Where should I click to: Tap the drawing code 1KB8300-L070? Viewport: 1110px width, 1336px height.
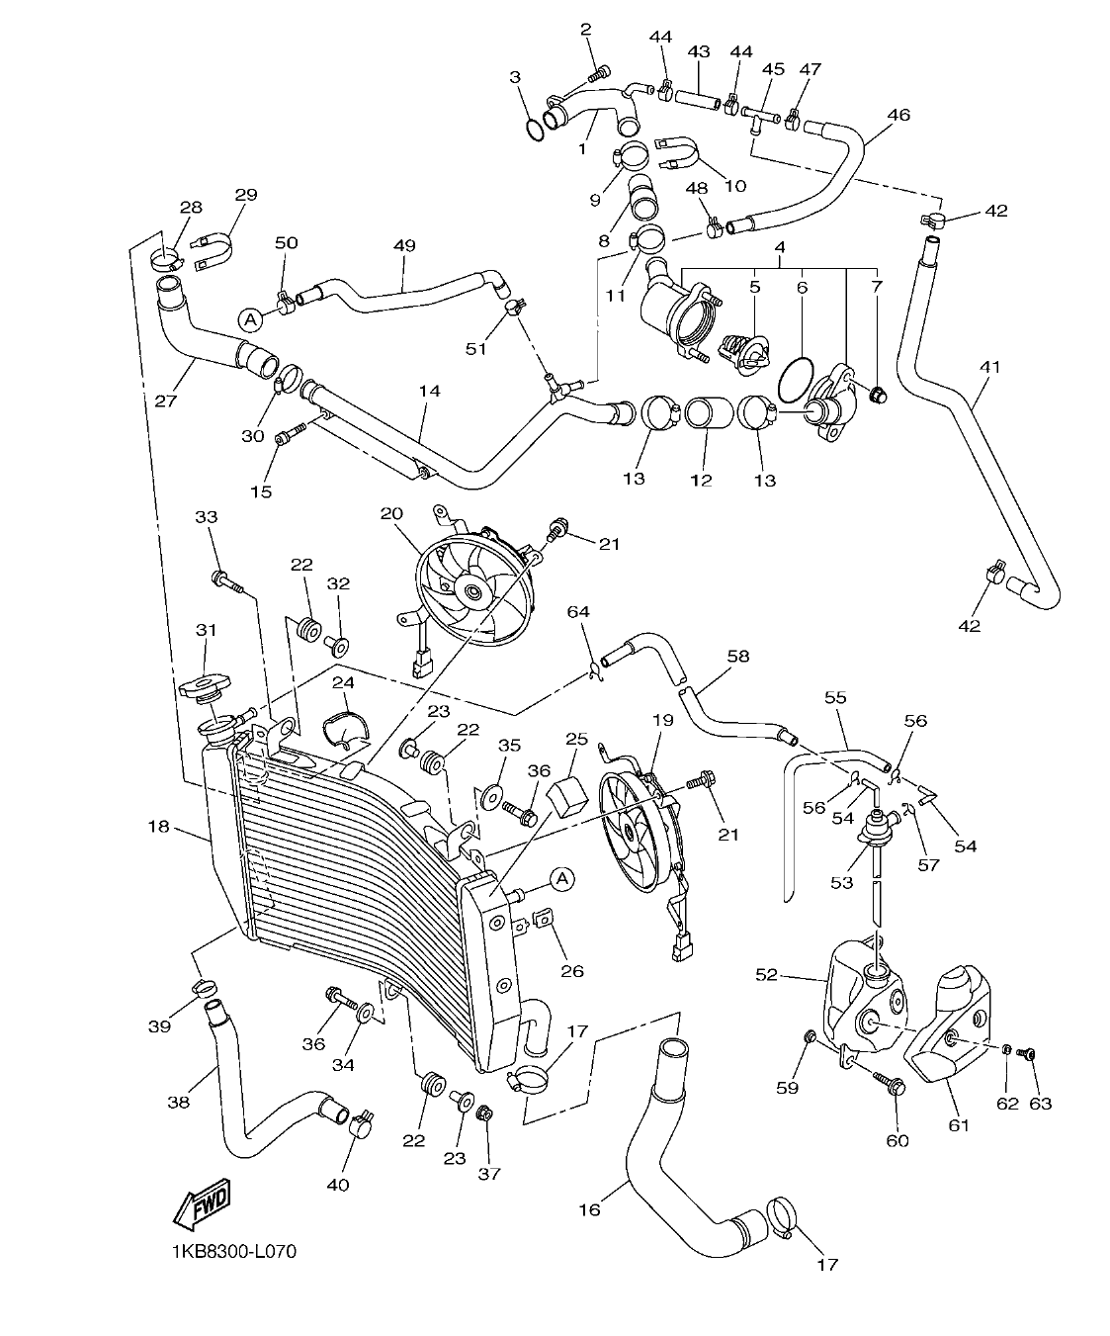232,1251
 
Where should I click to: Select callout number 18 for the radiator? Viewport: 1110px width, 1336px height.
159,825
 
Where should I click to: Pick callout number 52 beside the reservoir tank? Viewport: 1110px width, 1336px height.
767,974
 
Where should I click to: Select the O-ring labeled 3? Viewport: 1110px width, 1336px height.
533,129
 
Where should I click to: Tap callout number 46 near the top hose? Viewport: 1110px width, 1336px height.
897,115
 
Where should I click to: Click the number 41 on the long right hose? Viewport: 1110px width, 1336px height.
989,367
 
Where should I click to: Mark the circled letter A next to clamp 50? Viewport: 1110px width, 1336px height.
250,318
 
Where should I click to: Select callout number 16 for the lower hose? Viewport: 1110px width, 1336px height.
589,1208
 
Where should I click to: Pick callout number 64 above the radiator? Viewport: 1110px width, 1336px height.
578,613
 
